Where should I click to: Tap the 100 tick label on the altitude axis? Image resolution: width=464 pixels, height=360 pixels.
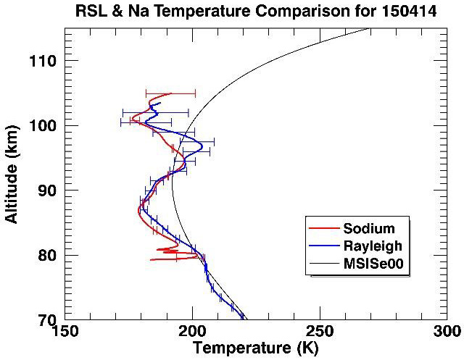click(46, 125)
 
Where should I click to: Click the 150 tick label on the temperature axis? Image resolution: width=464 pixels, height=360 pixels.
click(65, 332)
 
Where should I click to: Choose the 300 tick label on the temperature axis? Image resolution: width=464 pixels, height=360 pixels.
click(444, 332)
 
